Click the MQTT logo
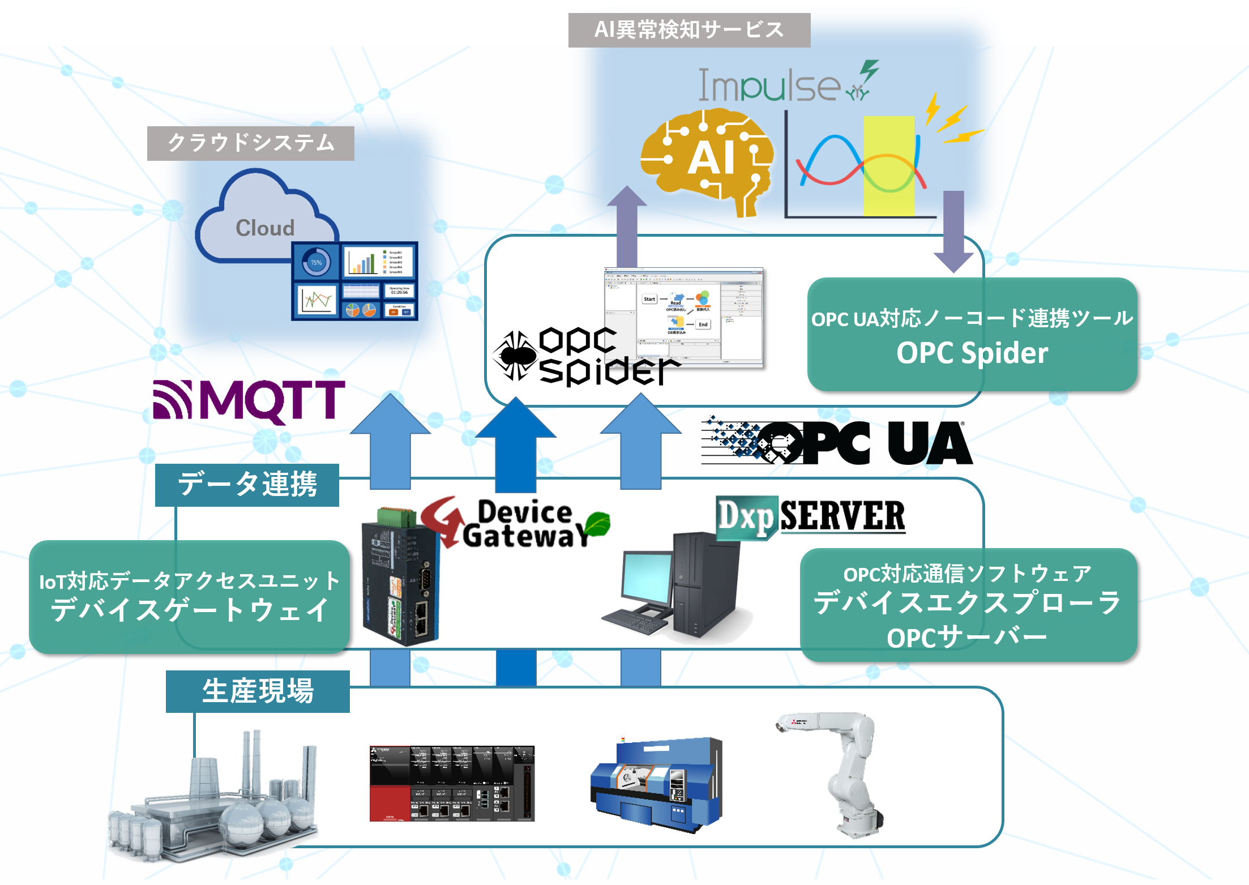coord(249,401)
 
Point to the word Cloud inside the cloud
coord(265,228)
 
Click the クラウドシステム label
coord(251,143)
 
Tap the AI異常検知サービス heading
coord(689,30)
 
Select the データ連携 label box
coord(247,485)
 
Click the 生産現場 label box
coord(258,691)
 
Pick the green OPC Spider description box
coord(972,335)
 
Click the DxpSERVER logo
coord(811,516)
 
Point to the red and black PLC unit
coord(452,784)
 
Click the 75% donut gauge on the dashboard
coord(316,263)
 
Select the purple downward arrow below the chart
coord(953,232)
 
